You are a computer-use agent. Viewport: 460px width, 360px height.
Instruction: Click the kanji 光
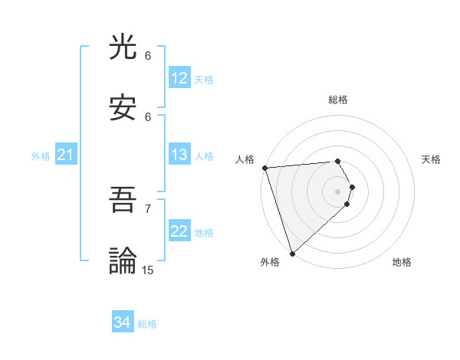pos(123,48)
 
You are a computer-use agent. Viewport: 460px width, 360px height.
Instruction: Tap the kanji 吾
pos(123,201)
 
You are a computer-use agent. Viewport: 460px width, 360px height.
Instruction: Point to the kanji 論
pos(123,261)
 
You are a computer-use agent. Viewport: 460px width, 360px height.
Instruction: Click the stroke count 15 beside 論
pos(148,270)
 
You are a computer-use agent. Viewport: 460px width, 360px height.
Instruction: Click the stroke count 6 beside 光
pos(148,56)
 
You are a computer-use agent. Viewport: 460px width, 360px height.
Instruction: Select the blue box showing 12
pos(179,78)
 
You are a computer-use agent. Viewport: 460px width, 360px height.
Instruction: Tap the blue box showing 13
pos(179,155)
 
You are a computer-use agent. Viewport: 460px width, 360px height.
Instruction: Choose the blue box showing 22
pos(179,231)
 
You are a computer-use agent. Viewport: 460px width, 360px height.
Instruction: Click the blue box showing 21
pos(65,155)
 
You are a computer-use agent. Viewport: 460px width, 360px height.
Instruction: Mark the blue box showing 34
pos(123,322)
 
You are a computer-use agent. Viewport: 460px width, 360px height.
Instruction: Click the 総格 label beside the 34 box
pos(147,324)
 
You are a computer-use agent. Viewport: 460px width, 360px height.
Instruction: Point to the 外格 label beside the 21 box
pos(41,156)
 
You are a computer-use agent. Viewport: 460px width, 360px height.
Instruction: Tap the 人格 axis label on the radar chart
pos(245,159)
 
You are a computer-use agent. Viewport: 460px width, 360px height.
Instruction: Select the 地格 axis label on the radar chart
pos(402,262)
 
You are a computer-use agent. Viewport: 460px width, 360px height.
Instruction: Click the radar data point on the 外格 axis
pos(292,253)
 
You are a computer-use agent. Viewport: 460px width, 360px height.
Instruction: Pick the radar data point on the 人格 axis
pos(264,168)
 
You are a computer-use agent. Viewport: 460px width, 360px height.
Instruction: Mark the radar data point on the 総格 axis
pos(337,162)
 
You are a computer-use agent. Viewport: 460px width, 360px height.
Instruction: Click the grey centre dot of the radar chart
pos(337,191)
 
